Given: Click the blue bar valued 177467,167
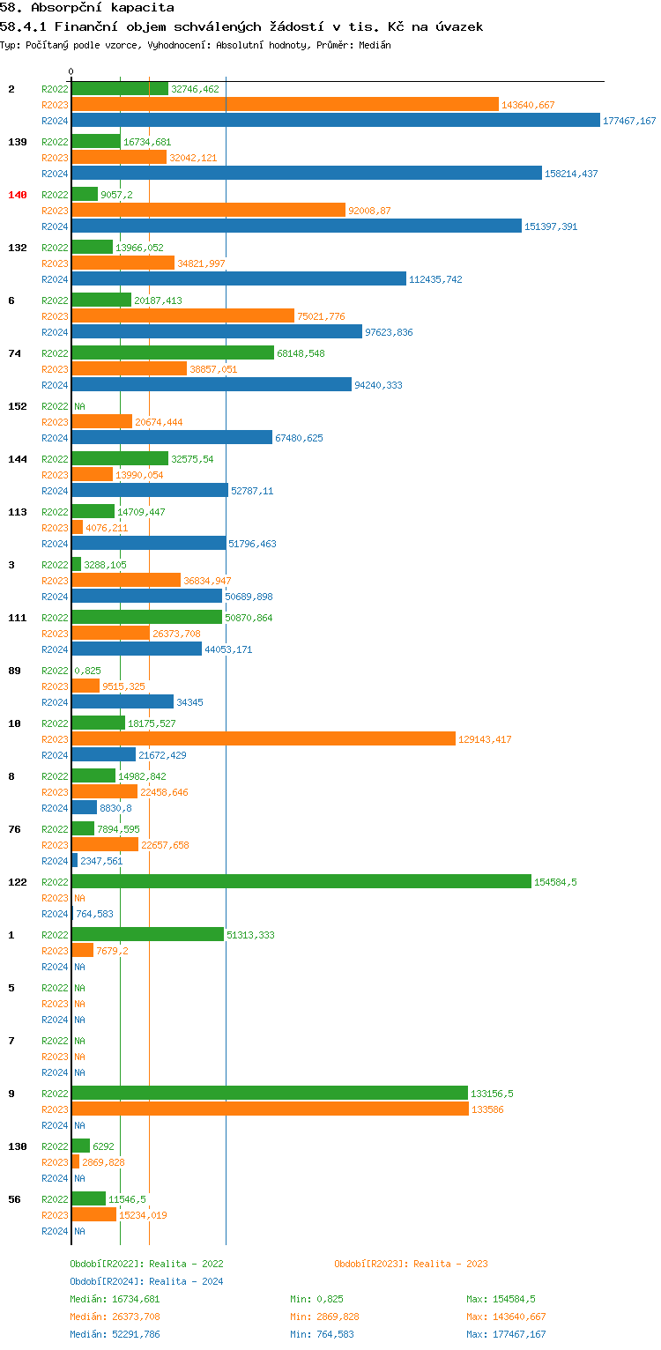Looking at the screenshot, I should click(335, 120).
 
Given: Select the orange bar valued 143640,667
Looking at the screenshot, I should click(285, 104).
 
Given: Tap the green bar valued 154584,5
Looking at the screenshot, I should click(301, 881).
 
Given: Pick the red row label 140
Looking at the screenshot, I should click(18, 195).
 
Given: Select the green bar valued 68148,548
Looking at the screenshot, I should click(173, 352).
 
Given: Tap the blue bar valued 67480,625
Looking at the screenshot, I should click(172, 437).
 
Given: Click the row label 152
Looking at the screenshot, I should click(18, 406).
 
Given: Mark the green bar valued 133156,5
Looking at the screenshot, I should click(269, 1093).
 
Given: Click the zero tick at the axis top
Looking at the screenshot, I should click(71, 71).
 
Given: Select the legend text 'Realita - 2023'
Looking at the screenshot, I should click(450, 1264).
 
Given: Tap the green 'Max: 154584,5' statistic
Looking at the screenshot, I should click(501, 1299).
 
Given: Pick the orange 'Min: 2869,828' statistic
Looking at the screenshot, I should click(324, 1317).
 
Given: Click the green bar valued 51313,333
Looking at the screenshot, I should click(147, 934).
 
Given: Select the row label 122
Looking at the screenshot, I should click(18, 882).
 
